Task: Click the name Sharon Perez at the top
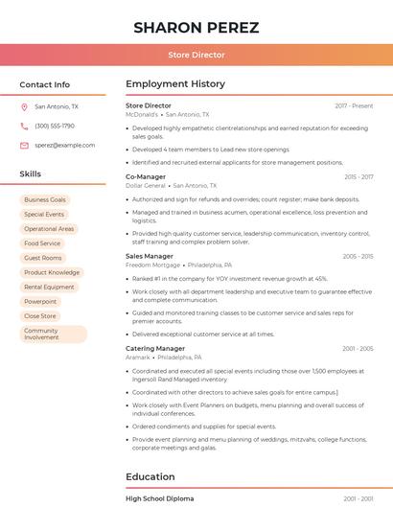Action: pos(196,27)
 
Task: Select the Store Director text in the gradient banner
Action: pos(196,56)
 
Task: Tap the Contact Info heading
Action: pos(45,84)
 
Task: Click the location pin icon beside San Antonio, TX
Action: pos(24,106)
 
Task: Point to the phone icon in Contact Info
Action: pos(24,126)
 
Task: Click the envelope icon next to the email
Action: pos(24,145)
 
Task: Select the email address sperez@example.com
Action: pos(65,145)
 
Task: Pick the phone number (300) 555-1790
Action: pos(55,126)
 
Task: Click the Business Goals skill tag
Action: pos(45,199)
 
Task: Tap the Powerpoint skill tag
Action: pos(40,301)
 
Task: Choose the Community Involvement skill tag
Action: pos(53,334)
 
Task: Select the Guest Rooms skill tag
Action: pos(43,258)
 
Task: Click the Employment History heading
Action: pos(175,84)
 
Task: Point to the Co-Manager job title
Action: pos(146,176)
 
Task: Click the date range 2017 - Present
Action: pos(354,105)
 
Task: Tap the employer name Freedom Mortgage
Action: pos(152,265)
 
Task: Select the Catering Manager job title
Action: pos(155,348)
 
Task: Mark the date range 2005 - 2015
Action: pos(358,256)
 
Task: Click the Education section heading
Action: pos(150,476)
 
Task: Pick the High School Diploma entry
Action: pos(160,498)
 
